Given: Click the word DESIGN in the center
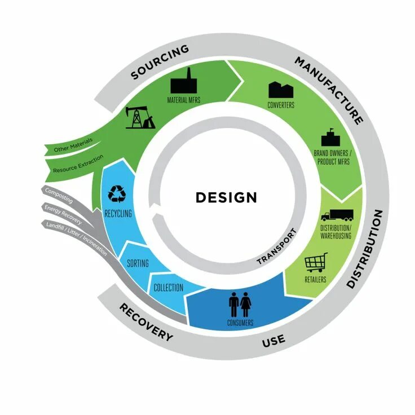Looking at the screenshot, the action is point(226,197).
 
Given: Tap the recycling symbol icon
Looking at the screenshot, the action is point(118,193).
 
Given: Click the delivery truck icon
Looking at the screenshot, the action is point(337,216).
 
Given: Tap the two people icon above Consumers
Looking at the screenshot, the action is point(240,305).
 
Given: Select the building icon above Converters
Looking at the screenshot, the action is point(281,89).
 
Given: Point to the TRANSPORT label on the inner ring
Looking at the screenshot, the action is point(276,248).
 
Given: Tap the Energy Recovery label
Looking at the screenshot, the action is point(63,214).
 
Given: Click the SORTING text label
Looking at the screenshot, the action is point(138,263).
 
